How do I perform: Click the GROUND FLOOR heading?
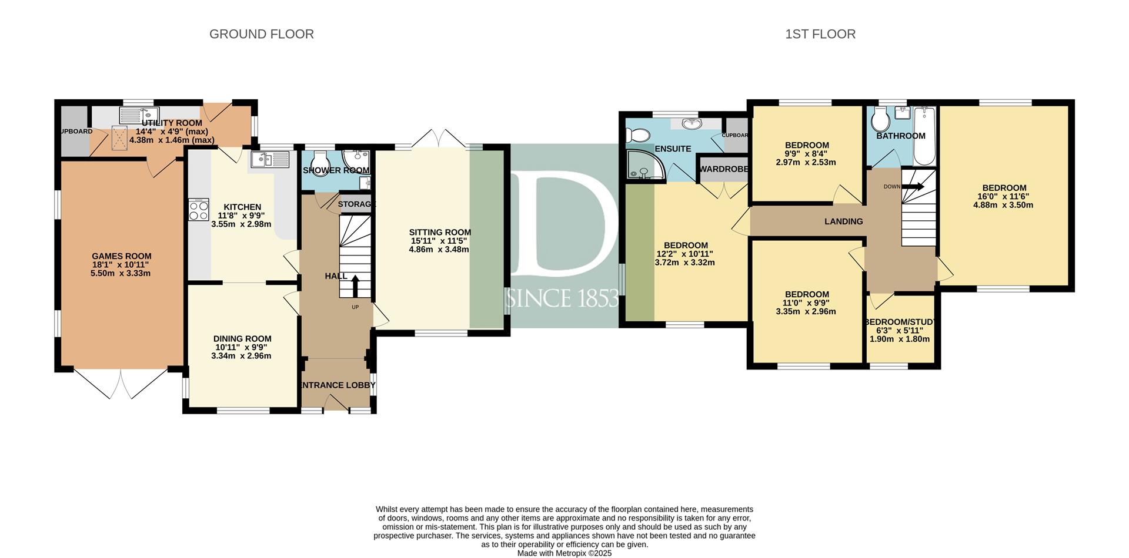pyautogui.click(x=262, y=34)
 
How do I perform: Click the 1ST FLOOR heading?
pyautogui.click(x=820, y=34)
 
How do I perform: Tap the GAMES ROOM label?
pyautogui.click(x=122, y=256)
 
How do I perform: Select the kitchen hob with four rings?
pyautogui.click(x=199, y=210)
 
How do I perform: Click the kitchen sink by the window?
pyautogui.click(x=270, y=159)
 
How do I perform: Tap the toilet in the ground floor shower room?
pyautogui.click(x=320, y=160)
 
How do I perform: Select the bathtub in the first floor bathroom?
pyautogui.click(x=924, y=136)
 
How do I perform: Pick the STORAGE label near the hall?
pyautogui.click(x=357, y=204)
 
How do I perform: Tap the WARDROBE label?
pyautogui.click(x=723, y=169)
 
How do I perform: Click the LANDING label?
pyautogui.click(x=844, y=221)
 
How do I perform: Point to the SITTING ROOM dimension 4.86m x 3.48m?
pyautogui.click(x=439, y=249)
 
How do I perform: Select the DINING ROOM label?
pyautogui.click(x=242, y=338)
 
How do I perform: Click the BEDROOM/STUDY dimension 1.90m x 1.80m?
pyautogui.click(x=900, y=339)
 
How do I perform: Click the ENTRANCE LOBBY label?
pyautogui.click(x=338, y=385)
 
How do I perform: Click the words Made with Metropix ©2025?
pyautogui.click(x=564, y=553)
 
